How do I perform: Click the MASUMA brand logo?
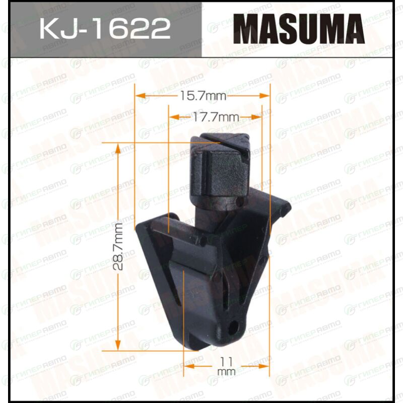(299, 29)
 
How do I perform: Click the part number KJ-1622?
(105, 28)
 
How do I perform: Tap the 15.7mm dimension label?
(203, 96)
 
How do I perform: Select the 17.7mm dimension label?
(216, 117)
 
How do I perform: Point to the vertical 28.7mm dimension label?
(118, 246)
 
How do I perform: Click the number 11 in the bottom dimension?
(226, 362)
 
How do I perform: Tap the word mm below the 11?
(226, 372)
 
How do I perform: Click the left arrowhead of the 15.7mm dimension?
(141, 96)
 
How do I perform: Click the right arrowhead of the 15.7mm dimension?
(264, 96)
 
